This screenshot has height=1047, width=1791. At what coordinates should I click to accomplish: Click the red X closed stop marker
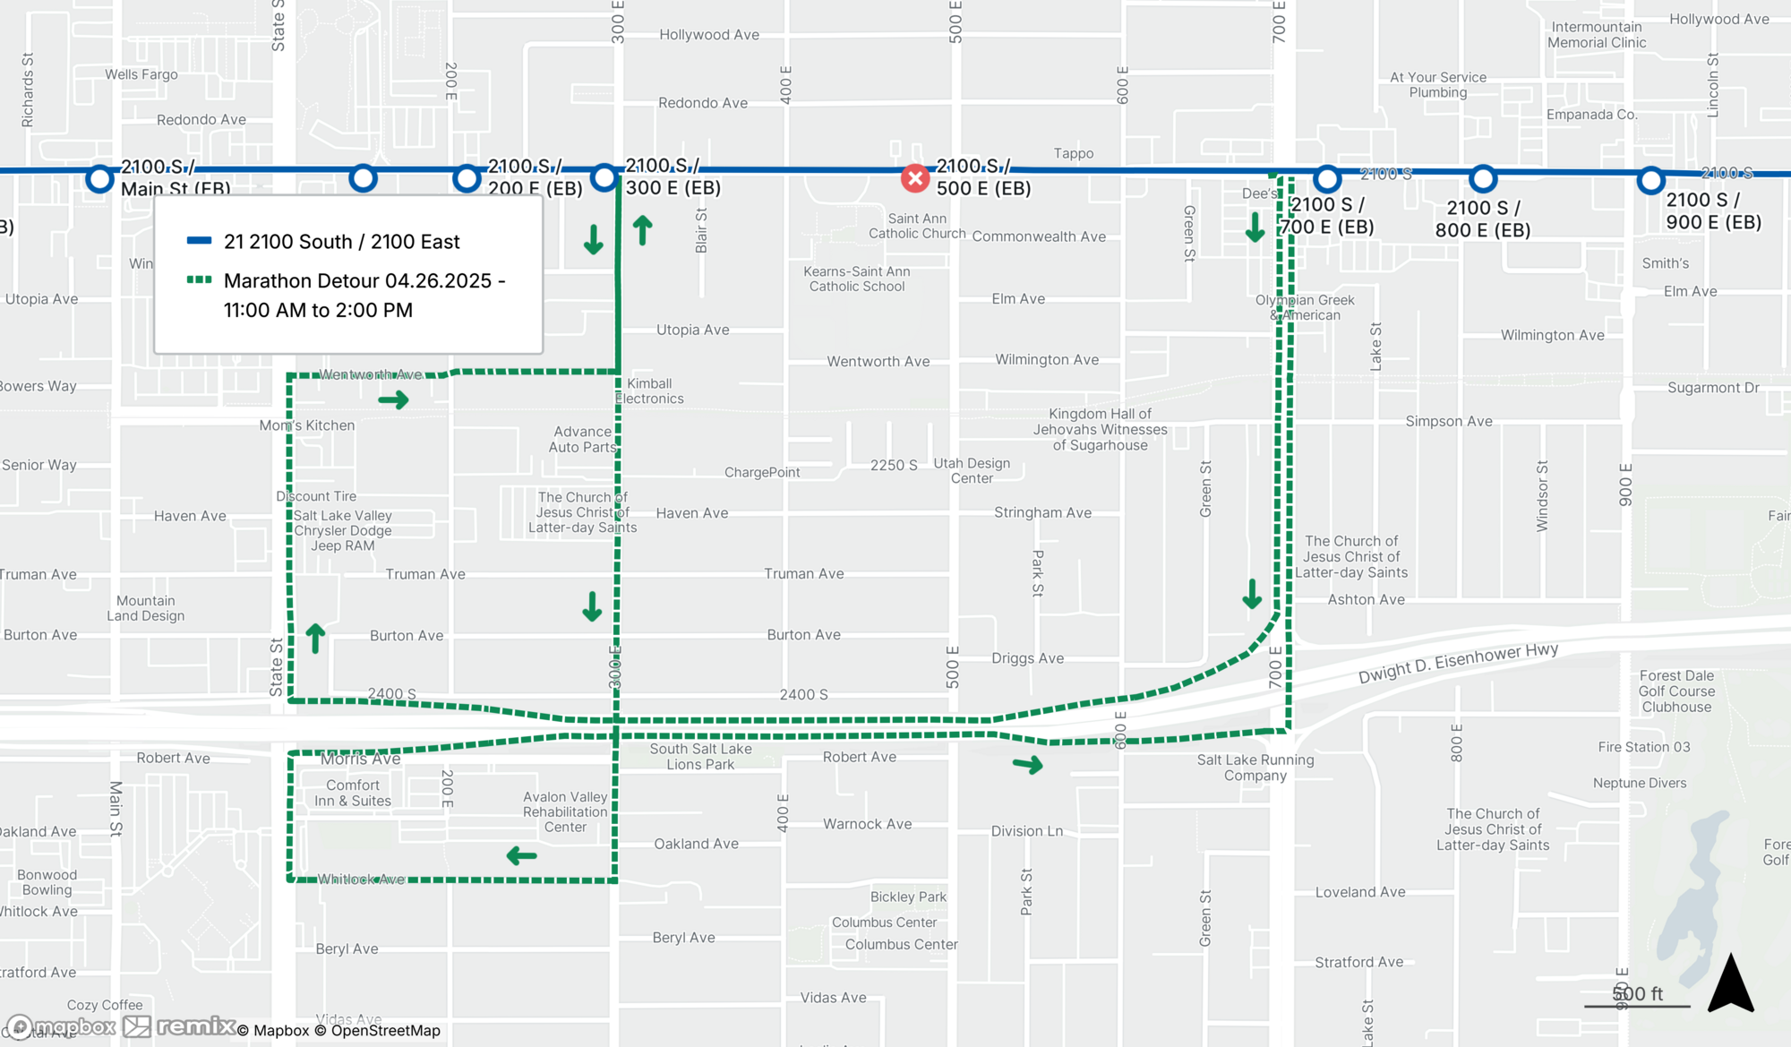[914, 178]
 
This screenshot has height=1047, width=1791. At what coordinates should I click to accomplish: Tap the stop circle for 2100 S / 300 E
[604, 177]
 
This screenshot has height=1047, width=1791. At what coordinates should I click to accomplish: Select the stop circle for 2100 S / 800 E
[1483, 179]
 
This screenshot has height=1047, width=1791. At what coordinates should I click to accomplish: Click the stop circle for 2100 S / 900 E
[1650, 180]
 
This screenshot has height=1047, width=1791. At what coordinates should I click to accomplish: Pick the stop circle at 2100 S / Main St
[99, 178]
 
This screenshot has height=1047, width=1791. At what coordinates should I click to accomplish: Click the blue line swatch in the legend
[199, 241]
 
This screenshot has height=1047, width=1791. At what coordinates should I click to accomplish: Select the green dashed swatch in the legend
[199, 280]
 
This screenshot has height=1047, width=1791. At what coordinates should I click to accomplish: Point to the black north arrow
[1730, 984]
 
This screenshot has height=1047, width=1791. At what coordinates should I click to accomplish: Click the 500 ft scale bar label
[1637, 993]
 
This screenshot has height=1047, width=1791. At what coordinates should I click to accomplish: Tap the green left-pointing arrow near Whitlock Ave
[521, 856]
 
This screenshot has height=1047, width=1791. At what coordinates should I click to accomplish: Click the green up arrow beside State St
[315, 638]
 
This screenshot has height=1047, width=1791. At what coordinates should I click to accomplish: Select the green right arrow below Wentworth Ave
[393, 399]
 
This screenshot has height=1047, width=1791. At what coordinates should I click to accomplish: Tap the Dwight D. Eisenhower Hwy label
[1458, 663]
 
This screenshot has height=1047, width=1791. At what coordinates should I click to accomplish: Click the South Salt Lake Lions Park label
[700, 757]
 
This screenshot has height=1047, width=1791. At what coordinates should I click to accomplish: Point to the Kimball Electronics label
[650, 391]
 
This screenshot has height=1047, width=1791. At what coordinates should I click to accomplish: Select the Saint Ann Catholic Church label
[917, 226]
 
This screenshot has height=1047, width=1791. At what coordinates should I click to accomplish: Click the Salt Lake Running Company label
[1255, 768]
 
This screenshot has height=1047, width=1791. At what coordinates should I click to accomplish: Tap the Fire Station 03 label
[1644, 747]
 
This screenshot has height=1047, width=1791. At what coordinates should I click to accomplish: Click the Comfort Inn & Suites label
[353, 793]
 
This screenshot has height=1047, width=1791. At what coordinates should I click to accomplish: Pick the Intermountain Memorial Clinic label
[1597, 35]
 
